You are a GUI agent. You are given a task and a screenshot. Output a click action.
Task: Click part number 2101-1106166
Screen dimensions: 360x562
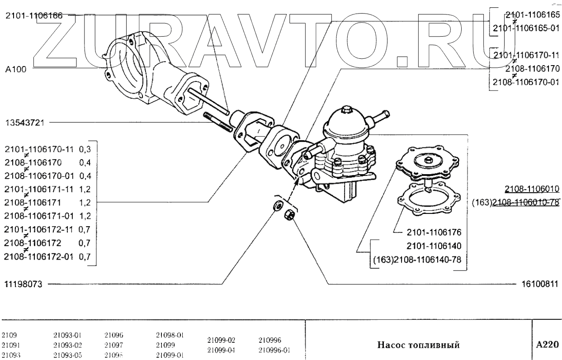point(34,15)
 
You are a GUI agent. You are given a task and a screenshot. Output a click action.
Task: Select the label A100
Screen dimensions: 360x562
point(15,70)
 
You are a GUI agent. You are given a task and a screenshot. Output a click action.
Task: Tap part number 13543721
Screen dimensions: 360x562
point(24,122)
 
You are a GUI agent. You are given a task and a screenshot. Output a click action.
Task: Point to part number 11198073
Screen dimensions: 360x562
point(23,284)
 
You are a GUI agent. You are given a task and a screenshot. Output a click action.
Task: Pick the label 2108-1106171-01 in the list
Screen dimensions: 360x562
point(40,227)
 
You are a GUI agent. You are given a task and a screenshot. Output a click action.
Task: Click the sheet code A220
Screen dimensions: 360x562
point(547,345)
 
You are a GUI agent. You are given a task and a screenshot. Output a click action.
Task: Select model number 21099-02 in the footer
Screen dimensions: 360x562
point(222,340)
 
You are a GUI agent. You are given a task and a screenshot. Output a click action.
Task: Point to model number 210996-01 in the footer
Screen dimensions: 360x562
point(274,350)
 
